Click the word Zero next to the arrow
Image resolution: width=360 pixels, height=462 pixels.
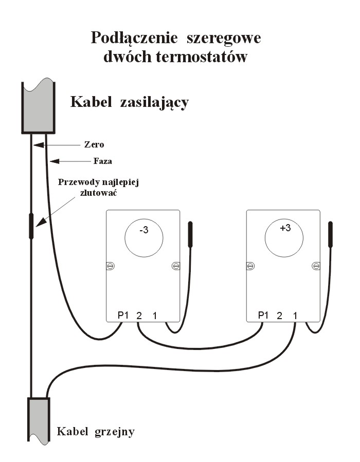coord(94,144)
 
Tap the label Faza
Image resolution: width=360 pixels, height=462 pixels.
coord(103,161)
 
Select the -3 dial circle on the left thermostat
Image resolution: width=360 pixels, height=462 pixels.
coord(144,239)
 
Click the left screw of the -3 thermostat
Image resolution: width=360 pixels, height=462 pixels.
coord(111,266)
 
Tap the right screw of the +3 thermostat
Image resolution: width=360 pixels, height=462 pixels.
coord(316,266)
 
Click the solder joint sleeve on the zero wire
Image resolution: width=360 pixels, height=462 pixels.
coord(31,226)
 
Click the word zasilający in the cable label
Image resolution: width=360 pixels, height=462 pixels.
coord(154,102)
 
